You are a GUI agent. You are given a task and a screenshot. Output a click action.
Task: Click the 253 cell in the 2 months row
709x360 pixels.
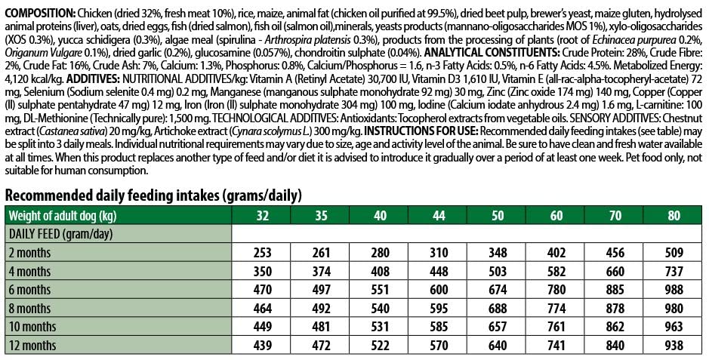pos(263,253)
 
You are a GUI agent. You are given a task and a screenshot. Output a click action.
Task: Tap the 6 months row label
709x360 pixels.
pos(29,290)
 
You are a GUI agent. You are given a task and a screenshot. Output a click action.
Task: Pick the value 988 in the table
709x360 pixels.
pos(673,290)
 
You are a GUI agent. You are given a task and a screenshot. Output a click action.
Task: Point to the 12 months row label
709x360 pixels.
pos(32,346)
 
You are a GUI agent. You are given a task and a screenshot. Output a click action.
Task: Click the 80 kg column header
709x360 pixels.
pos(673,215)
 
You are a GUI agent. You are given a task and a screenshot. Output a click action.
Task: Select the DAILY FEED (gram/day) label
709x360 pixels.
pos(60,234)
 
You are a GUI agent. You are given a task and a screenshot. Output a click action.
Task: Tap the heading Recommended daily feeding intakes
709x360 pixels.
pos(153,195)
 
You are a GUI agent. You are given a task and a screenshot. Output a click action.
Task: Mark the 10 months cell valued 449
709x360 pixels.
pos(263,327)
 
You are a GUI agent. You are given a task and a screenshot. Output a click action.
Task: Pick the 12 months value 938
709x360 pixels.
pos(673,346)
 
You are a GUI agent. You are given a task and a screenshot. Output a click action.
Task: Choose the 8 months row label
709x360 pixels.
pos(29,309)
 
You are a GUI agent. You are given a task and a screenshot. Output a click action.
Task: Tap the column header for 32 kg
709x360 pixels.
pos(263,215)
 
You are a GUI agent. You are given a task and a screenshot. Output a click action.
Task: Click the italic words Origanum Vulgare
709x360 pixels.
pos(40,52)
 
